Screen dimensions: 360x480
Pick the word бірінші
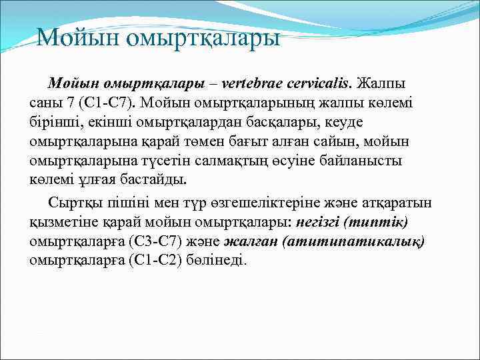coord(53,123)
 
